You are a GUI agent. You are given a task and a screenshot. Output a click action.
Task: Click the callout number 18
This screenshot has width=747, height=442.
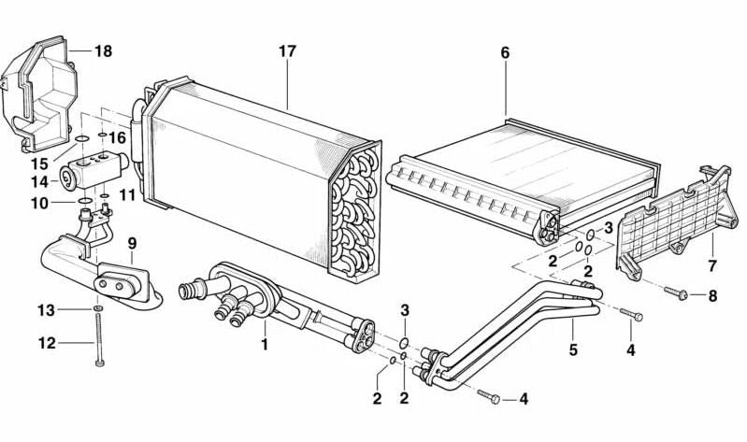[x=103, y=51]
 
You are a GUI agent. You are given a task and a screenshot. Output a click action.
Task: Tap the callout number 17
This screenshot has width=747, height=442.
[x=287, y=51]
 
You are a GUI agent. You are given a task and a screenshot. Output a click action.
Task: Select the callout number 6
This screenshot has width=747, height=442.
[x=505, y=52]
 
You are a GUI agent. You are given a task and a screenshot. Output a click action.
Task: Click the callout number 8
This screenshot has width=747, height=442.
[x=712, y=296]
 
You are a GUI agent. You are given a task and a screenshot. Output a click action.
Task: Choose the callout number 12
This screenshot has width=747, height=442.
[x=47, y=343]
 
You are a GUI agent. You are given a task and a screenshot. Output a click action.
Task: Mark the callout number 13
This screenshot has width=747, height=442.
[x=47, y=309]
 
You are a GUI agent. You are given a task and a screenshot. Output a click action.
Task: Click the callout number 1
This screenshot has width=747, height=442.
[x=265, y=345]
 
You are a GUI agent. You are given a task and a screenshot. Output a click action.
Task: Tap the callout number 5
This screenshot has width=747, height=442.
[x=573, y=350]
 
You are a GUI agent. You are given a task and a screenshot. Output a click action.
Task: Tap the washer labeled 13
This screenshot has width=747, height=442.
[x=98, y=308]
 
